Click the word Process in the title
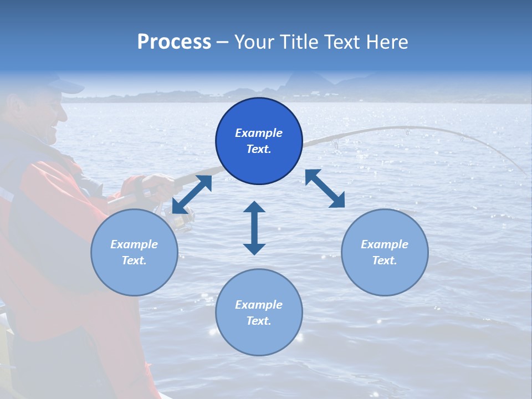[174, 42]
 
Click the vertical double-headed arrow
[254, 228]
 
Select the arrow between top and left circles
[192, 194]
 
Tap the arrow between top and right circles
[325, 188]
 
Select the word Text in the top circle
[258, 149]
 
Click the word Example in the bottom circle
[259, 305]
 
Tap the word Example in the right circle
[385, 244]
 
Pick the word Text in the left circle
[134, 260]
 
